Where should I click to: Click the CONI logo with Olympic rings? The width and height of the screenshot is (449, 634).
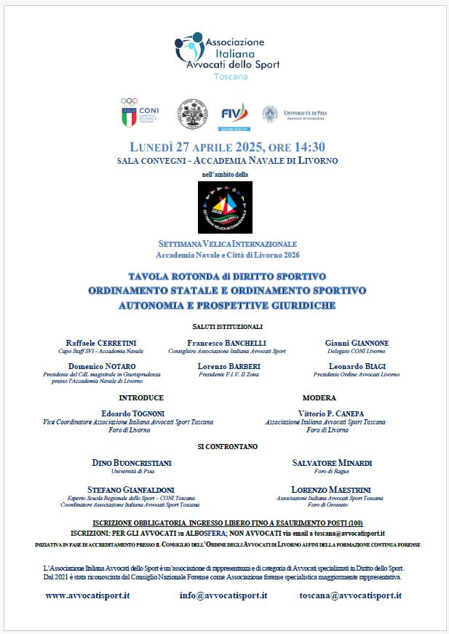click(x=139, y=114)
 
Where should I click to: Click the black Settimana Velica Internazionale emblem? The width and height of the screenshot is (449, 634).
click(x=224, y=207)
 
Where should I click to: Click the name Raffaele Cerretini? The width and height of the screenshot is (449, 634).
click(x=101, y=343)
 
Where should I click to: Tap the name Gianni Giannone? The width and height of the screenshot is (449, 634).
click(x=357, y=343)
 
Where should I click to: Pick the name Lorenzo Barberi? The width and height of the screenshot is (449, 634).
click(x=229, y=366)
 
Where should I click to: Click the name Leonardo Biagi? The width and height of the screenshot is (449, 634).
click(x=357, y=366)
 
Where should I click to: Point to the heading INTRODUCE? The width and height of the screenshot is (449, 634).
click(x=141, y=398)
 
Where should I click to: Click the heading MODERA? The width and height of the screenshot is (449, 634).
click(x=319, y=398)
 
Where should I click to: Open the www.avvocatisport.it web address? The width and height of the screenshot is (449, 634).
click(x=87, y=595)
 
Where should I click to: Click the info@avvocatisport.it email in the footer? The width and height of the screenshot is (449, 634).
click(x=223, y=595)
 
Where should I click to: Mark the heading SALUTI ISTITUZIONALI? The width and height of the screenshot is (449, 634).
click(x=228, y=327)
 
